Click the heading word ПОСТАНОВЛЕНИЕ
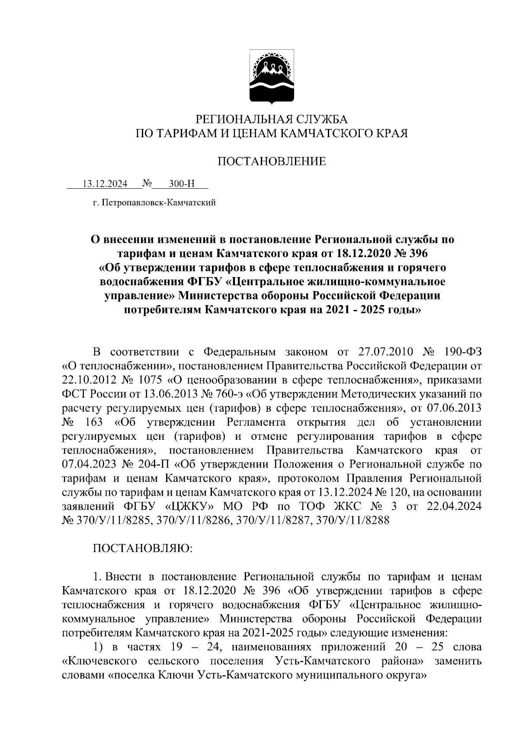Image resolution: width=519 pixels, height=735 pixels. click(x=272, y=162)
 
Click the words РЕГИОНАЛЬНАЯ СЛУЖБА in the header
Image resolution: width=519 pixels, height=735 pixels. click(x=272, y=119)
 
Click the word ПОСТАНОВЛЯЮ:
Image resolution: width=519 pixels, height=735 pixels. click(x=142, y=549)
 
